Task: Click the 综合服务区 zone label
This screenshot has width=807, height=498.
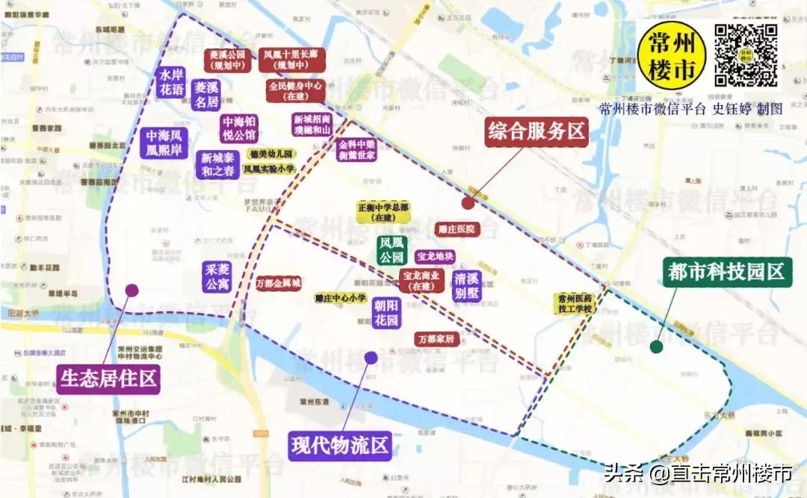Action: [536, 132]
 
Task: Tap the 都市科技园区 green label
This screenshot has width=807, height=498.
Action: [727, 273]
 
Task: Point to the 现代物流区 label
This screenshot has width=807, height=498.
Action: [341, 446]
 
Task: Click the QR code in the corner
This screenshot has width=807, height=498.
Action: [746, 55]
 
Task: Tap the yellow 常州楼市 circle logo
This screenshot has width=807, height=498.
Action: [672, 57]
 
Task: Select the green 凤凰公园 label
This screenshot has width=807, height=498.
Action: [392, 251]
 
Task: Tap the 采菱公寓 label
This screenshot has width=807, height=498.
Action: [217, 276]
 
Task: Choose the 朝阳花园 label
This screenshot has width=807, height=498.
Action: [387, 313]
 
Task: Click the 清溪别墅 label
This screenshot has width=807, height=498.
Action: [467, 285]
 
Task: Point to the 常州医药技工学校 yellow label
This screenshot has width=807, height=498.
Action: [575, 302]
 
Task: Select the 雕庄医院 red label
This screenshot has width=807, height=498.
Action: [456, 229]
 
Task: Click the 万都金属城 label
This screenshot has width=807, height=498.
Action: [278, 284]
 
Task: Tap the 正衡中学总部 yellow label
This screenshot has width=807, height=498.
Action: [384, 212]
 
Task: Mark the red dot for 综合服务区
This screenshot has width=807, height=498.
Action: [468, 202]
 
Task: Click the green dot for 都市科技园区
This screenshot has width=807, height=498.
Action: [656, 346]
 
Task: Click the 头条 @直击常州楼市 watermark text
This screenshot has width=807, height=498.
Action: [698, 473]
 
